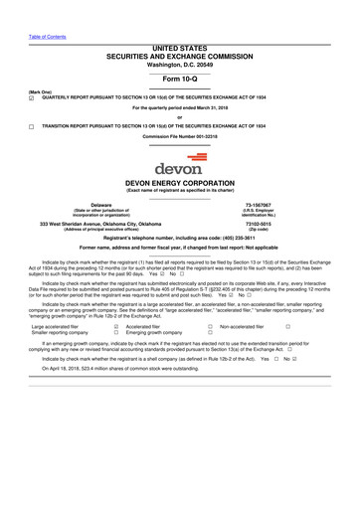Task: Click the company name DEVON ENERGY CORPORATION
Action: pyautogui.click(x=179, y=184)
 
